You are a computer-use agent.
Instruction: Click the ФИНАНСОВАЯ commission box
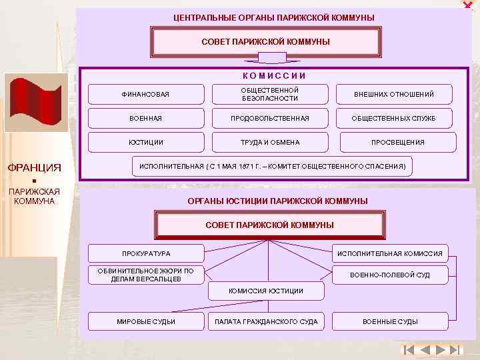[145, 94]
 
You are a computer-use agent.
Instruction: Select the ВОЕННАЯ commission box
[145, 118]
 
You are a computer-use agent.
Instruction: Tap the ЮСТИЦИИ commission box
[145, 142]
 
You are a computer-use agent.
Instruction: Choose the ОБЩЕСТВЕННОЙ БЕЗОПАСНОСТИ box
[270, 94]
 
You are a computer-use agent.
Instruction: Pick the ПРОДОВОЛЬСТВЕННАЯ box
[270, 118]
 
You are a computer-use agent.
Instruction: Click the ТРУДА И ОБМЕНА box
[270, 142]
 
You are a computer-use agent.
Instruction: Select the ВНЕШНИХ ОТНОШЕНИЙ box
[394, 94]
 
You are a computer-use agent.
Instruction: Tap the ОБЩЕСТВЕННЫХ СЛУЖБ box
[394, 118]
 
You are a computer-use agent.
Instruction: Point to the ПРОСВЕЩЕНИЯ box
[398, 142]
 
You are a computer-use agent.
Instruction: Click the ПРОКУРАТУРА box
[145, 253]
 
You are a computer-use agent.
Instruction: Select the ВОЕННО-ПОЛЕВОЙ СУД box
[390, 275]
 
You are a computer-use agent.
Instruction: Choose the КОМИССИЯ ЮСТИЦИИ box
[266, 291]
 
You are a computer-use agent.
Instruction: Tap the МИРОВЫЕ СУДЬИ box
[145, 321]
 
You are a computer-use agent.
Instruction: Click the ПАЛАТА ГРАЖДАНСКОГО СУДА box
[266, 321]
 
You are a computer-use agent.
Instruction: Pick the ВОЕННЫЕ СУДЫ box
[390, 321]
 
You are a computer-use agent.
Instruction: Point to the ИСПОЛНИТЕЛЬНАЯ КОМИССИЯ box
[390, 253]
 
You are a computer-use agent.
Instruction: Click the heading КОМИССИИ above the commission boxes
[274, 76]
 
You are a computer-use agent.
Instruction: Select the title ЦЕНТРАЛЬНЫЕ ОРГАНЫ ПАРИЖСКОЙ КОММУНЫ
[274, 17]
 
